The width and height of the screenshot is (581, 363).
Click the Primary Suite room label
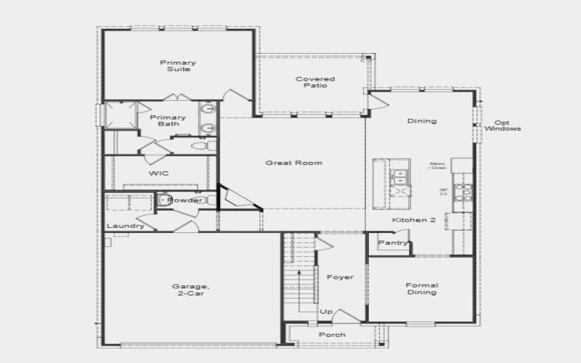point(178,66)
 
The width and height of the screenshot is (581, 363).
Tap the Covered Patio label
point(315,82)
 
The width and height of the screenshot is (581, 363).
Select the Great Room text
point(293,163)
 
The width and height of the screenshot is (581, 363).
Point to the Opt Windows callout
point(507,126)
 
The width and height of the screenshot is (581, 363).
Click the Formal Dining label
point(421,289)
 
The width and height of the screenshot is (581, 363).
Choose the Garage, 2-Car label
point(191,289)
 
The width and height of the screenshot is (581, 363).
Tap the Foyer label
point(340,277)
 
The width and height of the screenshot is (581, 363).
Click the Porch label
point(333,335)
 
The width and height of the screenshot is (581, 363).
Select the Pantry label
point(393,242)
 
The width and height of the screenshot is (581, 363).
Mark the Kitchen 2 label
point(414,220)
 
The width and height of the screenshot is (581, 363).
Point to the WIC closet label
point(159,174)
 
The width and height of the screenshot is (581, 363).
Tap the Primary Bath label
point(168,121)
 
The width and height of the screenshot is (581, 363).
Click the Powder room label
point(185,200)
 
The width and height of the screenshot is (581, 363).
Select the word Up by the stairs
point(326,311)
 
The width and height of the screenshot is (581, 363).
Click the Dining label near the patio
point(421,121)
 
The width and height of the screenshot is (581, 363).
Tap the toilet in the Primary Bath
point(203,146)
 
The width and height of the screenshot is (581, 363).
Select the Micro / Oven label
point(437,166)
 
